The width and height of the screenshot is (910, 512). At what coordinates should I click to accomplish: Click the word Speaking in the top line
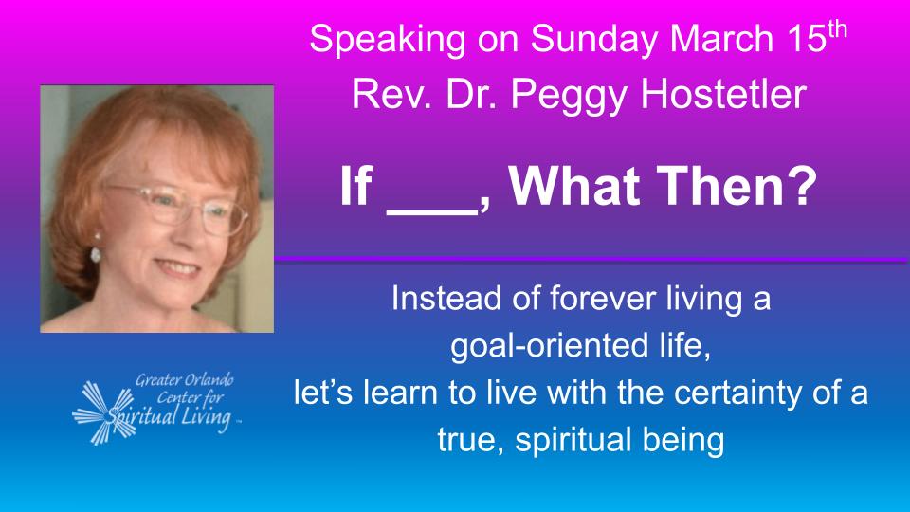[x=387, y=41]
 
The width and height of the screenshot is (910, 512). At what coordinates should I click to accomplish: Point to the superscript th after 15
[x=837, y=29]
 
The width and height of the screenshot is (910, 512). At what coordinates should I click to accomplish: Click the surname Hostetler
[x=723, y=94]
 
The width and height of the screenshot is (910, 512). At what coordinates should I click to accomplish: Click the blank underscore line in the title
[x=432, y=213]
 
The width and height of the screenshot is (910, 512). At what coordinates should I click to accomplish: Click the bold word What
[x=574, y=187]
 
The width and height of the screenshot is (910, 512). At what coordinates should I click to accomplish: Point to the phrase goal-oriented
[x=550, y=347]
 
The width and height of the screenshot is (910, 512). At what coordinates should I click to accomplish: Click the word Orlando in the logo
[x=209, y=380]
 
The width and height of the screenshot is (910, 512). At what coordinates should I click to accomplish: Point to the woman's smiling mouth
[x=176, y=268]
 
